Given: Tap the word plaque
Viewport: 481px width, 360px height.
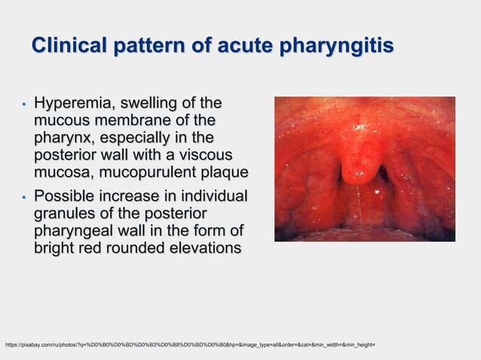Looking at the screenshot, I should pyautogui.click(x=224, y=174).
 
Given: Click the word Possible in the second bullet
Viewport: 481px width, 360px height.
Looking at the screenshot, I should pyautogui.click(x=69, y=196).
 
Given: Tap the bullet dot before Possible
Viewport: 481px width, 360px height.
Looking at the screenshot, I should pyautogui.click(x=24, y=197).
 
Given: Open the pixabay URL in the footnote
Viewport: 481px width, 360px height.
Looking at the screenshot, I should pyautogui.click(x=189, y=345).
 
